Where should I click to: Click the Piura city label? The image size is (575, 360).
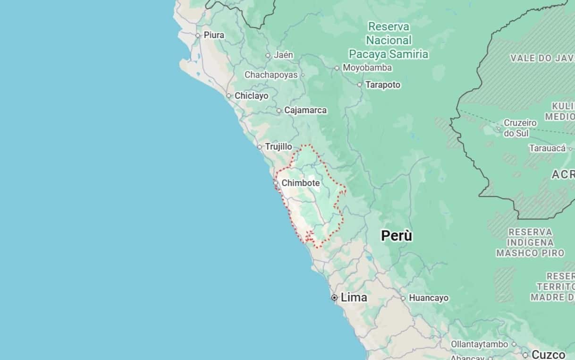point(214,35)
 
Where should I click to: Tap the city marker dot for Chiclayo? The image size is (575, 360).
point(229,96)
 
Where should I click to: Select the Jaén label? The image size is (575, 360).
point(284,55)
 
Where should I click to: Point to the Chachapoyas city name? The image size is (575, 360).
point(271,75)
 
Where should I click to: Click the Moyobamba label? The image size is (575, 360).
point(367,68)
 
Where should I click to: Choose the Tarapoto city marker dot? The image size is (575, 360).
point(360,85)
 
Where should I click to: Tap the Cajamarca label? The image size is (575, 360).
point(305,110)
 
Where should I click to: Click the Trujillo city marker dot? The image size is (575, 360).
point(260,147)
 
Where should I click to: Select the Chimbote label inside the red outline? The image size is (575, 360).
point(301,183)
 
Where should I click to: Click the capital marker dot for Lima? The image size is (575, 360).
point(334,298)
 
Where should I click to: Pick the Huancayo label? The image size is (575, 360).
point(429,298)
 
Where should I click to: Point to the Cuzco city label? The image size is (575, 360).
point(549,354)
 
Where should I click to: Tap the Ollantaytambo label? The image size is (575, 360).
point(480,344)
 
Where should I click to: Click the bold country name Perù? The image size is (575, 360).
point(397,235)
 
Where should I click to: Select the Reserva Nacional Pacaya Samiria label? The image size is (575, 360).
point(389,40)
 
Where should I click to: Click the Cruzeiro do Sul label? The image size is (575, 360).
point(520,128)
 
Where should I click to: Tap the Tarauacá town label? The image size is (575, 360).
point(547,148)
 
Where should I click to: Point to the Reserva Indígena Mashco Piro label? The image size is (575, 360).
point(530,242)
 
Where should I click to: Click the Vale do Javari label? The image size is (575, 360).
point(542,58)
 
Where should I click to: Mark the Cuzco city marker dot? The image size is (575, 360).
point(525,355)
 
